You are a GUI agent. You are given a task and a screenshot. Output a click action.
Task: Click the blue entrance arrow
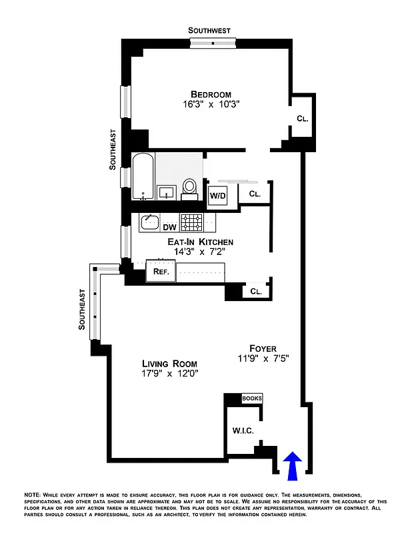(x=293, y=466)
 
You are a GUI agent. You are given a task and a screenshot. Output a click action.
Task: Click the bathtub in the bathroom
(x=143, y=176)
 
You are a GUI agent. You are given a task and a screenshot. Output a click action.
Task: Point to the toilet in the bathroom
(x=190, y=188)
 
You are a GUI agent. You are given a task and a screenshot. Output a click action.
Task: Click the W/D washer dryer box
(x=218, y=196)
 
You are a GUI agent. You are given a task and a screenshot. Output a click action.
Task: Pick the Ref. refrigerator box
(x=161, y=271)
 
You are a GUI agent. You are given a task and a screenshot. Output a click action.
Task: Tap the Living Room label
(x=169, y=363)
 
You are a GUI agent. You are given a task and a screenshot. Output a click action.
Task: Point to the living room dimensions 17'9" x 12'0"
(x=169, y=374)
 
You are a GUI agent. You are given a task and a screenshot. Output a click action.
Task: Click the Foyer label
(x=263, y=347)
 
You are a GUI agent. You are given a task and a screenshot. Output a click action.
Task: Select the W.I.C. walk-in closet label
(x=243, y=431)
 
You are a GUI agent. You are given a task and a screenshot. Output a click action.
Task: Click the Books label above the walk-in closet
(x=252, y=398)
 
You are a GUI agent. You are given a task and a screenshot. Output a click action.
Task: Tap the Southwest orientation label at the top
(x=209, y=30)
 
